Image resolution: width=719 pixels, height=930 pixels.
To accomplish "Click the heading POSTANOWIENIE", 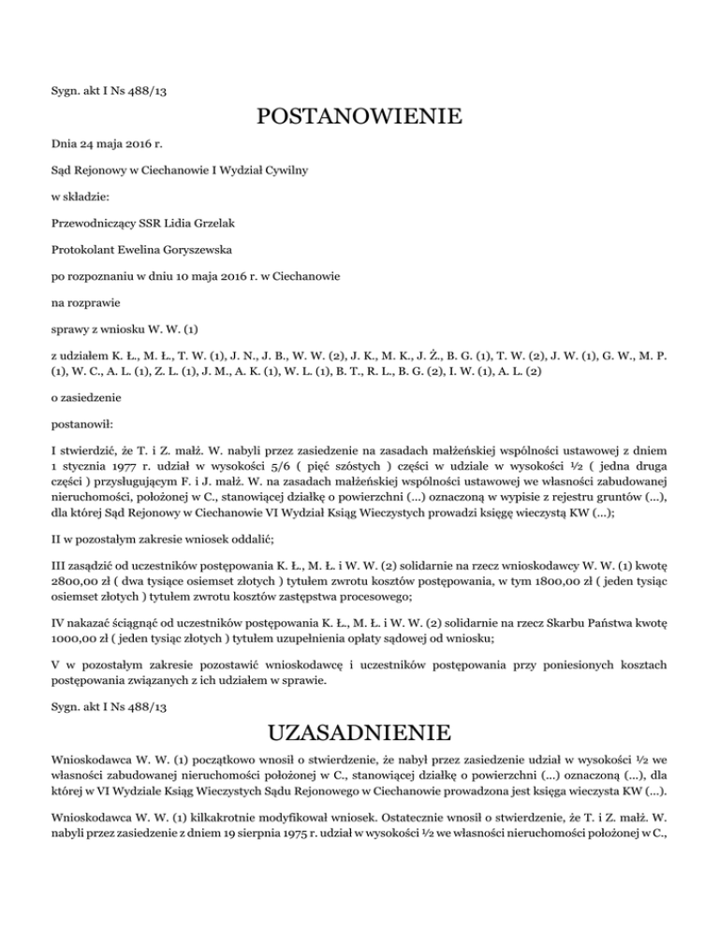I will tap(359, 118).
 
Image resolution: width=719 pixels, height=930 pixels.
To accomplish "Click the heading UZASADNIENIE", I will tap(359, 730).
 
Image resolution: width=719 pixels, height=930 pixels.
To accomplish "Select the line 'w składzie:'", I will tap(81, 198).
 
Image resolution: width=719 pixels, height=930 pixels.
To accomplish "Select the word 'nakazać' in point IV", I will tap(89, 623).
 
